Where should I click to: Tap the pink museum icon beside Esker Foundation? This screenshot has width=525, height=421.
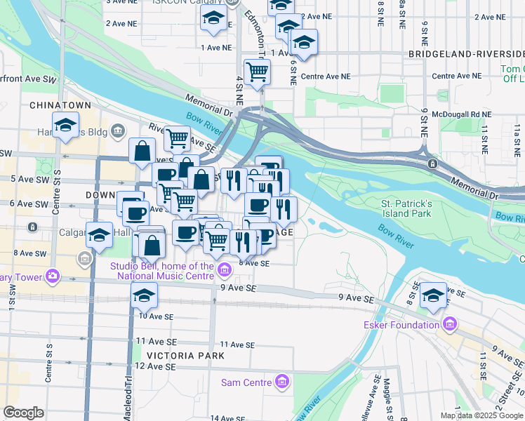[x=449, y=324]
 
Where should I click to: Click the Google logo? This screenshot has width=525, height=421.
[x=24, y=413]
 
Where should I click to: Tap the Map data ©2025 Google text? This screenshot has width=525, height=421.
[x=481, y=415]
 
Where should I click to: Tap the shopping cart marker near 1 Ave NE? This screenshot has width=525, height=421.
[x=258, y=72]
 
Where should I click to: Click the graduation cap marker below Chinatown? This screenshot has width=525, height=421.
[x=65, y=126]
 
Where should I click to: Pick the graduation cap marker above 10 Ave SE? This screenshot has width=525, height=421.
[x=145, y=295]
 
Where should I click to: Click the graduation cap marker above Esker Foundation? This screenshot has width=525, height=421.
[x=434, y=295]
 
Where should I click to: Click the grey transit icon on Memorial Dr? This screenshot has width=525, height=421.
[x=433, y=163]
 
